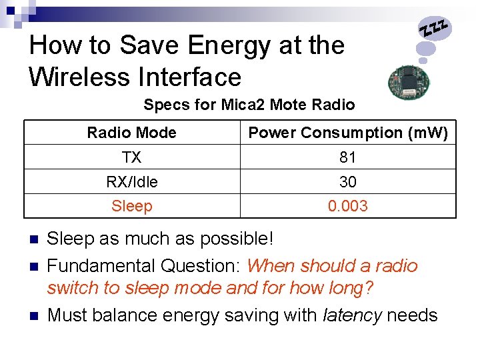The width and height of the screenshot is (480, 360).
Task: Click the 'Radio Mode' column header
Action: (131, 133)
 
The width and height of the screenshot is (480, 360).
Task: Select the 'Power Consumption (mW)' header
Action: (348, 133)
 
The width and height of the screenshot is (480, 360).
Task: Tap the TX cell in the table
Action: (131, 157)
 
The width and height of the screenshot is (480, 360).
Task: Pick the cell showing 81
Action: (348, 157)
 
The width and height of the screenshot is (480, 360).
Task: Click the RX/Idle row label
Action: (131, 182)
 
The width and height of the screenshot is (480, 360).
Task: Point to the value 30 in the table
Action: (348, 182)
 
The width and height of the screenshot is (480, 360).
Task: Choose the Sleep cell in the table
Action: (131, 206)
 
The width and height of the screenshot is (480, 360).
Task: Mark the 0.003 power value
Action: (348, 206)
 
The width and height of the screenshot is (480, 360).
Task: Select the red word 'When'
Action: (271, 265)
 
